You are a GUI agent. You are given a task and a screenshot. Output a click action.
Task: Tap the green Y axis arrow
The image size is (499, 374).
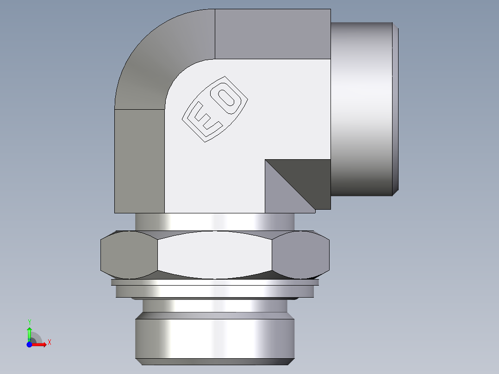coord(29,332)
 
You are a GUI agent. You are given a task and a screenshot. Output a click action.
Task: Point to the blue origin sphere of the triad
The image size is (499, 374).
coord(30,344)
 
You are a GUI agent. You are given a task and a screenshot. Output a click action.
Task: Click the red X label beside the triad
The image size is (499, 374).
coord(49,343)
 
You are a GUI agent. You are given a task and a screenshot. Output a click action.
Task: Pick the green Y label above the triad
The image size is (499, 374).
coord(30,322)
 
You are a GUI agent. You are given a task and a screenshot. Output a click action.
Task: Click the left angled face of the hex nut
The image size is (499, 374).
coord(129,256)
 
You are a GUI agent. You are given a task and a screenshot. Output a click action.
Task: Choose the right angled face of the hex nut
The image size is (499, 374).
coord(301,256)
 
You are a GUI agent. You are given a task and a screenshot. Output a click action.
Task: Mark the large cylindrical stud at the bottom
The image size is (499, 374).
coord(215,336)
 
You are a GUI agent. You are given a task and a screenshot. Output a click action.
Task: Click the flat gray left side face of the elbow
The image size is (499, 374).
coord(139,160)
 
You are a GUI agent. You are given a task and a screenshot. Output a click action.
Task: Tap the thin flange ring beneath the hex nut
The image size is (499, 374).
coord(215,291)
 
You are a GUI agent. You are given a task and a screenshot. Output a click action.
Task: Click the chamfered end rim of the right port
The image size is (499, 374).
coord(396,109)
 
